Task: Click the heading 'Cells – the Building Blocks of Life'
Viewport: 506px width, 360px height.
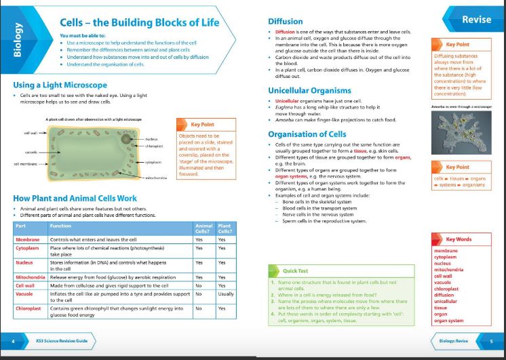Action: pos(140,22)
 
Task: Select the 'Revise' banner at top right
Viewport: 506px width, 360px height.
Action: pos(476,20)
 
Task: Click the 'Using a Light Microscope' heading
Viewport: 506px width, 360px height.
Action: pos(60,85)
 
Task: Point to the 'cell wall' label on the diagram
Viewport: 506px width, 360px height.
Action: pos(31,133)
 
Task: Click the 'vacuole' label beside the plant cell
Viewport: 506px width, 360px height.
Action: pos(31,152)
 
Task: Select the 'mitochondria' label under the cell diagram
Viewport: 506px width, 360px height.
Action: pos(155,178)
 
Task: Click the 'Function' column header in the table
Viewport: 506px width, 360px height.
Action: pos(61,226)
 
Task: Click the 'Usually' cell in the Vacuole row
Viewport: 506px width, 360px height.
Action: pos(226,294)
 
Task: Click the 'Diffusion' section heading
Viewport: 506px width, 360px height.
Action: pos(286,21)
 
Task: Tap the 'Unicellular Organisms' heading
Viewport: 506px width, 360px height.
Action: pos(309,90)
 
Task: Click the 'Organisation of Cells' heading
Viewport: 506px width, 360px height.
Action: pos(307,134)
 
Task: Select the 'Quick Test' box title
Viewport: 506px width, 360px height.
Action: pos(296,271)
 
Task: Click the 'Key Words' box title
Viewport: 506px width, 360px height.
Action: pos(459,239)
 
